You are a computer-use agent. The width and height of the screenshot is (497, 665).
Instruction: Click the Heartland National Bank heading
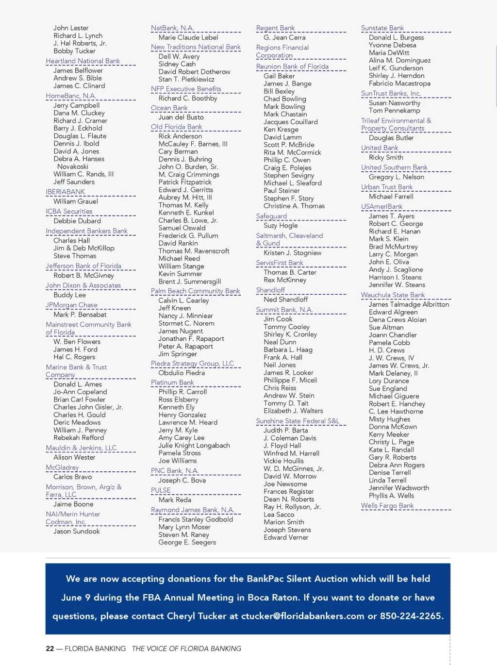(x=83, y=61)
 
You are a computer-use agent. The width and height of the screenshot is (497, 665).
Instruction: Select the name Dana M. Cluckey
(x=79, y=113)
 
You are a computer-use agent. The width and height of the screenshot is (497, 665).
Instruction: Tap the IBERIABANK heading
(x=66, y=192)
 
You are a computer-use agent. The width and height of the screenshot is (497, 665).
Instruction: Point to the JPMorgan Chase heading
(x=72, y=305)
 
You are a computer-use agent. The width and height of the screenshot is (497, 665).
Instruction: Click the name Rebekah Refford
(x=79, y=438)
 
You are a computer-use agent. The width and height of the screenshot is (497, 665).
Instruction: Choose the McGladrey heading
(x=62, y=467)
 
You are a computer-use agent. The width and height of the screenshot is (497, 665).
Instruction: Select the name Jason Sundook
(x=77, y=532)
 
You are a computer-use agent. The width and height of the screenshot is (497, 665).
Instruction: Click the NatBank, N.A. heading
(x=172, y=28)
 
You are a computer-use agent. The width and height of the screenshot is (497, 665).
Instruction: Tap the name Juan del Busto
(x=181, y=117)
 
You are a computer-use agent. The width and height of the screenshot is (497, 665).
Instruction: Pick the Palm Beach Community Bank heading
(x=196, y=291)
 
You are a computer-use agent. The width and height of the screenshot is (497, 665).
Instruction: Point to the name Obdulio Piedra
(x=182, y=373)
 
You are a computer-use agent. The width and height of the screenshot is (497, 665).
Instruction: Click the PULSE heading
(x=161, y=490)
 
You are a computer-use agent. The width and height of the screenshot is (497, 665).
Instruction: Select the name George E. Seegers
(x=187, y=542)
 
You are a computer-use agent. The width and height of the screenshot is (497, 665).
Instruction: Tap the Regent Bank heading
(x=276, y=28)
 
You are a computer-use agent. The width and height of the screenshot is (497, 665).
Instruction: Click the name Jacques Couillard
(x=291, y=122)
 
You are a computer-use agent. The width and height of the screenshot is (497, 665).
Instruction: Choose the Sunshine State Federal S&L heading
(x=298, y=421)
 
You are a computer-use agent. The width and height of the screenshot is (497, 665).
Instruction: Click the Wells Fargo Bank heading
(x=387, y=506)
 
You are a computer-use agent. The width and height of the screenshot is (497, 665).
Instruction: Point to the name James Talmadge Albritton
(x=409, y=304)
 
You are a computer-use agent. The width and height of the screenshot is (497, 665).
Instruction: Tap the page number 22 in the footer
(x=50, y=648)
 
